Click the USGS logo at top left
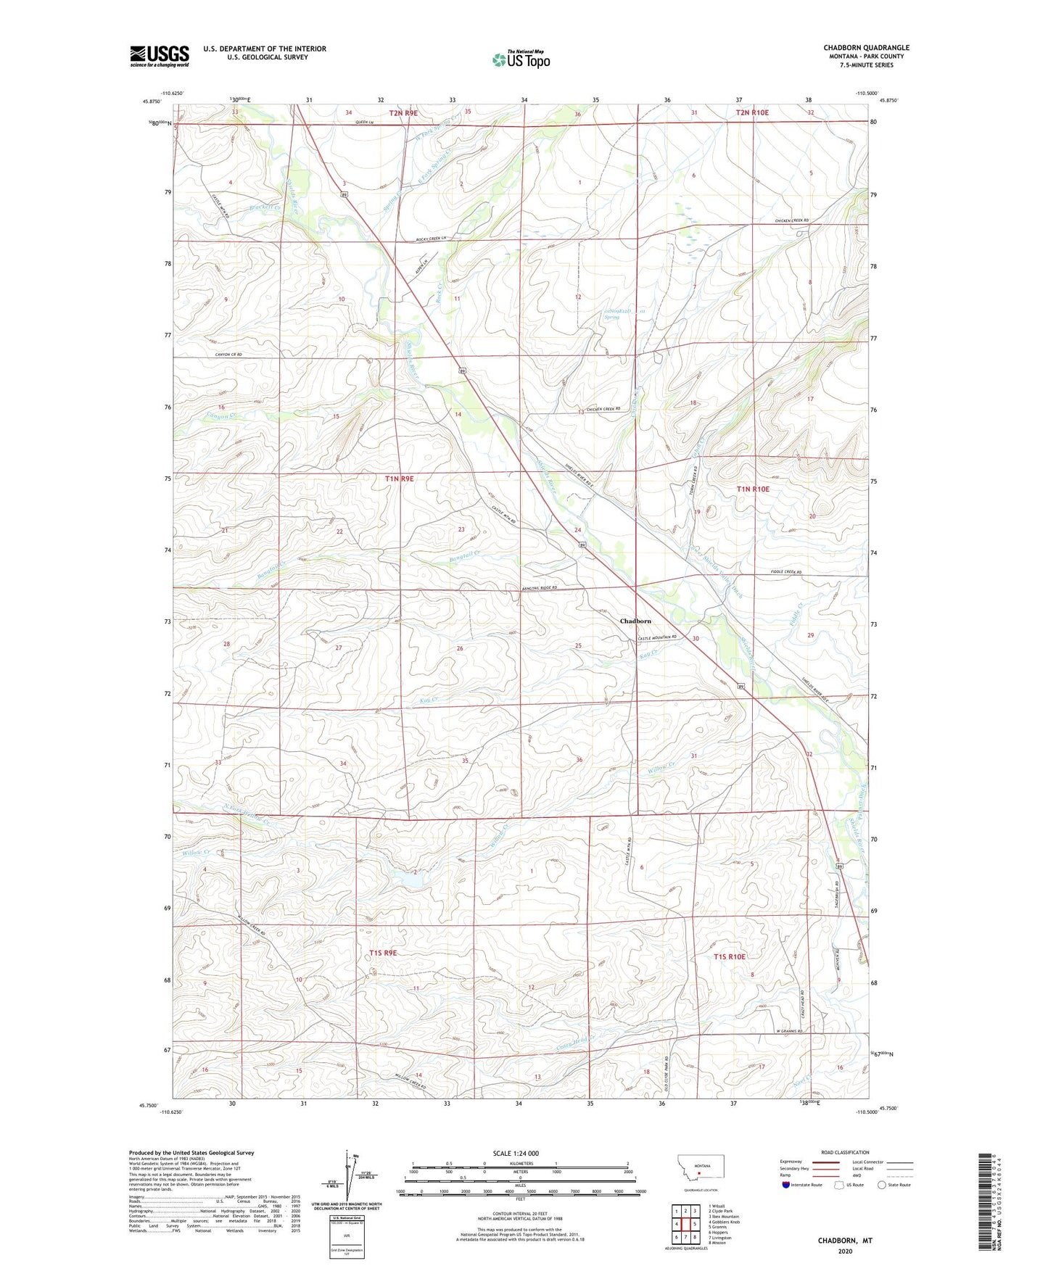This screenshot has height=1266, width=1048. coord(160,56)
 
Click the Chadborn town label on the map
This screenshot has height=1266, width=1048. coord(635,621)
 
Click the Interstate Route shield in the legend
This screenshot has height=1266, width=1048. coord(787,1185)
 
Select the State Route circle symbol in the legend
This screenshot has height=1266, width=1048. coord(882,1185)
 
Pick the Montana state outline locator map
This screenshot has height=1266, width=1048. coord(700,1168)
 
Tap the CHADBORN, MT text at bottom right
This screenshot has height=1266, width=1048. coord(845,1241)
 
